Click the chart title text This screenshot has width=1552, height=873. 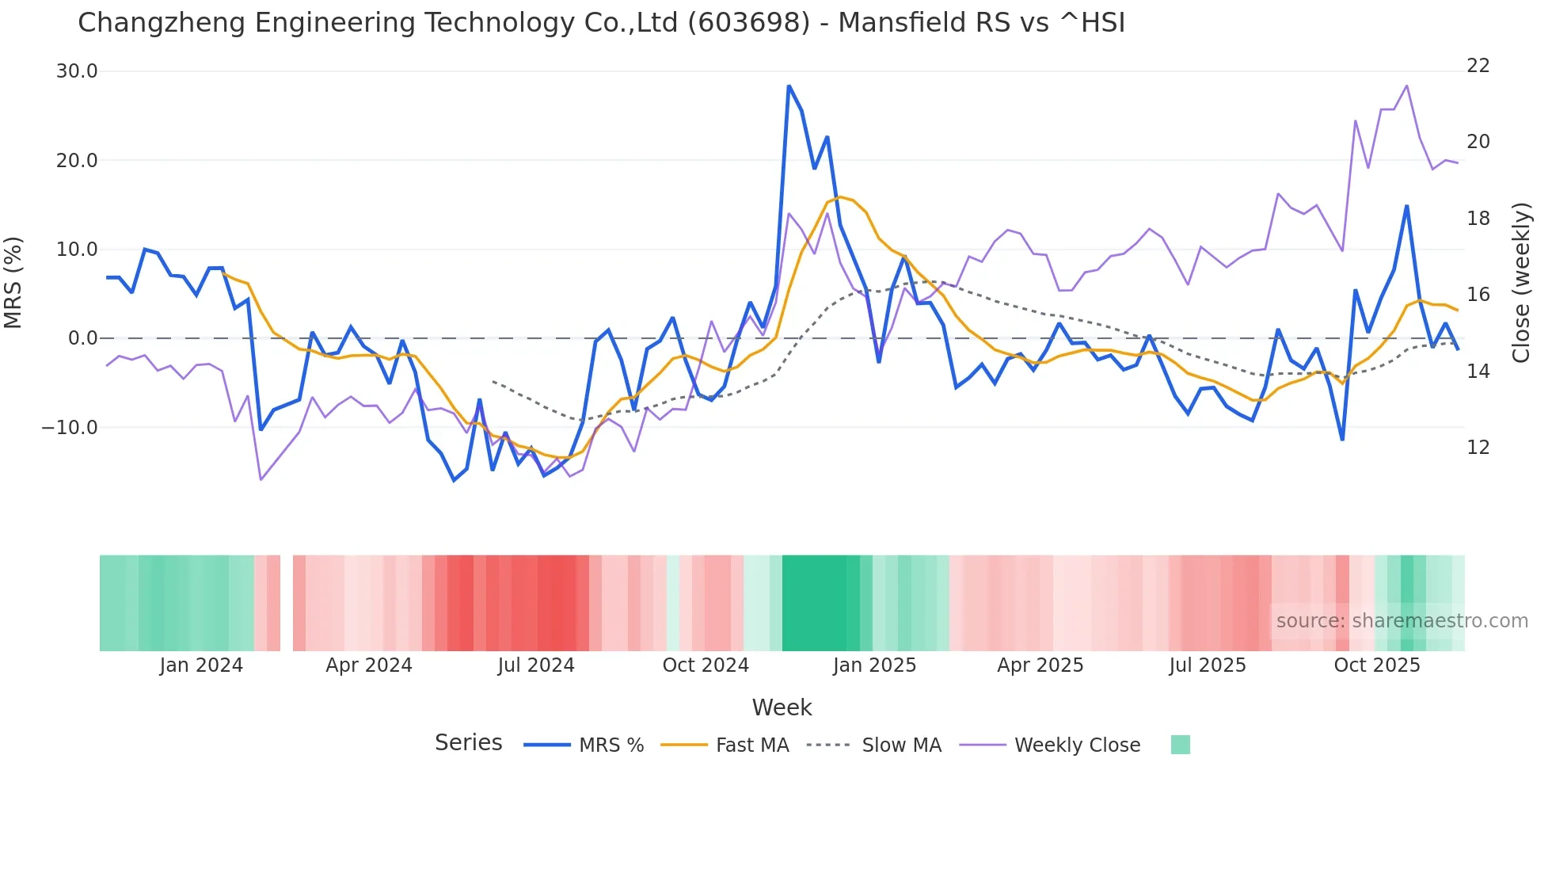[x=601, y=23]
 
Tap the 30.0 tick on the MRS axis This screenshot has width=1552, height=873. [x=77, y=71]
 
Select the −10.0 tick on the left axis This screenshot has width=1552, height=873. [x=70, y=428]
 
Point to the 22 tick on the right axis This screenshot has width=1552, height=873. [x=1478, y=66]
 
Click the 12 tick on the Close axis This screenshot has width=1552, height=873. [x=1478, y=448]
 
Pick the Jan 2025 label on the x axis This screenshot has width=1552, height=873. [x=874, y=665]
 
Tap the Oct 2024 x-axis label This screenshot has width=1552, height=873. [x=706, y=665]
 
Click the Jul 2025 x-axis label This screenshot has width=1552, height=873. [x=1208, y=665]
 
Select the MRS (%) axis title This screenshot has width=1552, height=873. [x=13, y=283]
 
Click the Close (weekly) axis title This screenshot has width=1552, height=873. [x=1521, y=283]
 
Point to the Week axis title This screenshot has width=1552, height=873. [x=782, y=707]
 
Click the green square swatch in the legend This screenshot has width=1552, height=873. [x=1180, y=745]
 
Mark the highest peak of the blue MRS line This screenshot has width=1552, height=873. [x=789, y=86]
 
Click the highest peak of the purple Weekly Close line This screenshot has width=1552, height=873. [x=1406, y=86]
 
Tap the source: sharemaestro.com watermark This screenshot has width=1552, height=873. [x=1402, y=621]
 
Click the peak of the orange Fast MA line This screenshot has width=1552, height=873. [x=839, y=196]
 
